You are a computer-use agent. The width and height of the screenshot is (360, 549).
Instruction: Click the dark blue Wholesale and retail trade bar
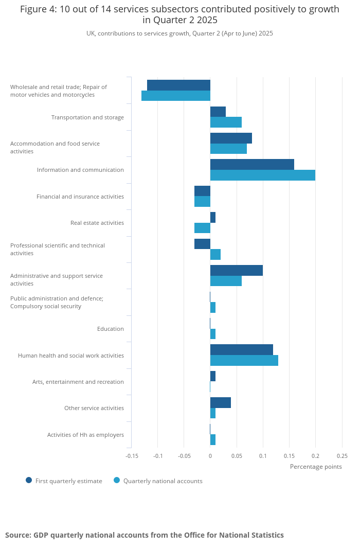coord(178,85)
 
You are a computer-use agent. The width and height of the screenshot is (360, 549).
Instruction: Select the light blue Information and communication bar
coord(262,175)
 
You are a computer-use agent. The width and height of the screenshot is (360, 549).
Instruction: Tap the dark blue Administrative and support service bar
coord(236,270)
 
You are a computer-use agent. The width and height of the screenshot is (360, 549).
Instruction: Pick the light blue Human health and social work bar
coord(244,361)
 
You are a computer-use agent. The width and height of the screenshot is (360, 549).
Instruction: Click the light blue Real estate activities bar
coord(202,228)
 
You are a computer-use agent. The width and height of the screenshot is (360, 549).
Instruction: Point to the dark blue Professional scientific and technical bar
coord(202,244)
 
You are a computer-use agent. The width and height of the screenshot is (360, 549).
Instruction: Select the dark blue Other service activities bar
coord(220,402)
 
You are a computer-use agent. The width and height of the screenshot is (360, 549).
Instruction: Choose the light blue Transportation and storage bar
coord(226,122)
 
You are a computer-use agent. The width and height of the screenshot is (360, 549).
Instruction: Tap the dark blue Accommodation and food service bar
coord(231,138)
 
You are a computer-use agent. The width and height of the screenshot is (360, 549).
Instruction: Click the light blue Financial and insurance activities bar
coord(202,202)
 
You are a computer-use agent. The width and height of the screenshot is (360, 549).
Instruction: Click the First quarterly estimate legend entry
coord(64,481)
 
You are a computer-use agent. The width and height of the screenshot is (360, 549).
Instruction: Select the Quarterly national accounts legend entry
coord(158,481)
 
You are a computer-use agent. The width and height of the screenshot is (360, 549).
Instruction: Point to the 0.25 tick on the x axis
coord(342,456)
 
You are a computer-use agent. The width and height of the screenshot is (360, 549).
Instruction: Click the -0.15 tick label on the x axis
coord(132,456)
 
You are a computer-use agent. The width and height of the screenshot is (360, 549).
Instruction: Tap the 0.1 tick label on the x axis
coord(263,456)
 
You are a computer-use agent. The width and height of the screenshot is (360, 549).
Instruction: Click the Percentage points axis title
coord(316,467)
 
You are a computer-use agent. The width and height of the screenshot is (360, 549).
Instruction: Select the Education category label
coord(111,329)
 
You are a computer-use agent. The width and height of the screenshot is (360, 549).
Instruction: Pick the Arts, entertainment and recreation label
coord(78,382)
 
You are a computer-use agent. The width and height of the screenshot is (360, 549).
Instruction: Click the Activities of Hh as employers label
coord(85,435)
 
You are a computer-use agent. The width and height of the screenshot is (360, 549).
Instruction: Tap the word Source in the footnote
coord(17,535)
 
